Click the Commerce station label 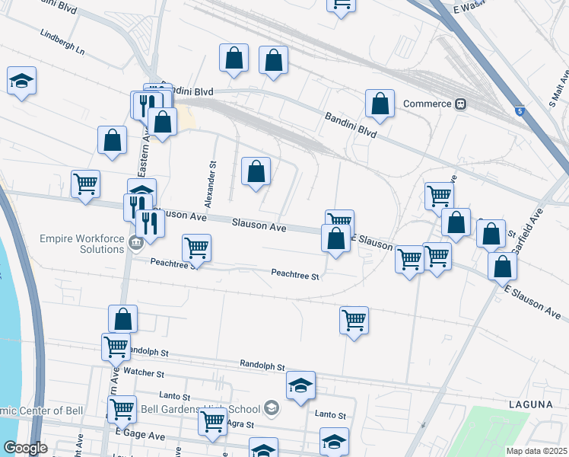(428, 104)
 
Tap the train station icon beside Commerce (460, 104)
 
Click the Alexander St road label (214, 181)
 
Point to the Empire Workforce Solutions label (81, 244)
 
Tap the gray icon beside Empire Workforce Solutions (136, 244)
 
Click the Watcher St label (144, 373)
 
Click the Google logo (25, 448)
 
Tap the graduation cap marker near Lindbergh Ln (22, 80)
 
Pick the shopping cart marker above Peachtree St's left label (197, 248)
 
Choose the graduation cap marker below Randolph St (301, 385)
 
